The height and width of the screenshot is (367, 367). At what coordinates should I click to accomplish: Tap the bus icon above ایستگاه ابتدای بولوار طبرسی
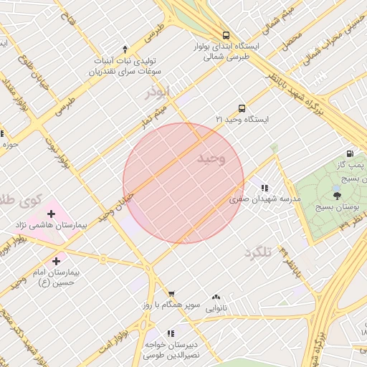tap(227, 34)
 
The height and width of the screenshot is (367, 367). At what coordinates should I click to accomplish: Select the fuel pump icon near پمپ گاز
tap(350, 153)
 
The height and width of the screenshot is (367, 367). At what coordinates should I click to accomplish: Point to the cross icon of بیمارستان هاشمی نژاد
tap(51, 213)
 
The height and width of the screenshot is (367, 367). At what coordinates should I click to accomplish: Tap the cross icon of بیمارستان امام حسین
tap(57, 261)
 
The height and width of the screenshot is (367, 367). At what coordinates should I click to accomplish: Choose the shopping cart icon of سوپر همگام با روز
tap(171, 293)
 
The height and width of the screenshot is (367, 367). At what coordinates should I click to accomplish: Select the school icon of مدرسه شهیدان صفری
tap(264, 188)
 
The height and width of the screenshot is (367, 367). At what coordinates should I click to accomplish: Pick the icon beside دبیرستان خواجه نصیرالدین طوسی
tap(171, 333)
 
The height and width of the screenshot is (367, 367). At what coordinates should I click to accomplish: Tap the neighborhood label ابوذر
tap(157, 93)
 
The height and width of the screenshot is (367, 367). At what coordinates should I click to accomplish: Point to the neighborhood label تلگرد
tap(259, 252)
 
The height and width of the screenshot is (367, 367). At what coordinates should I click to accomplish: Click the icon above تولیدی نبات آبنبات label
tap(125, 49)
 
